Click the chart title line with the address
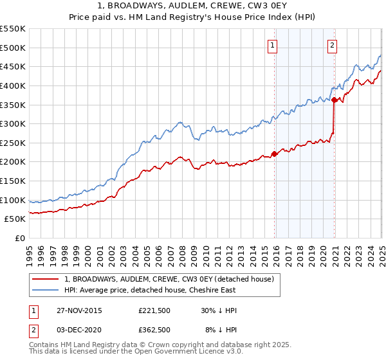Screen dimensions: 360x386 point(192,6)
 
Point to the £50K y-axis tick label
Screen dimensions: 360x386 point(15,219)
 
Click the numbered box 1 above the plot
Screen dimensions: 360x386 point(273,45)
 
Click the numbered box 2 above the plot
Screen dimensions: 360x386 point(332,45)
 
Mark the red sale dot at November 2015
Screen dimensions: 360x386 point(275,154)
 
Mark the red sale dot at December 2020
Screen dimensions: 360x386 point(335,100)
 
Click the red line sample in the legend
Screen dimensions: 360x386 point(46,279)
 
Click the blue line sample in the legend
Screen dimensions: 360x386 point(46,289)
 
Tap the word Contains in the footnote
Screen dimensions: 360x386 point(43,346)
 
